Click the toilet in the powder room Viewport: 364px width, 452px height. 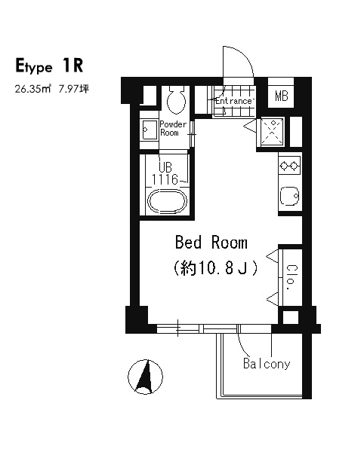176,99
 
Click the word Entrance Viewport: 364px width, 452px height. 233,101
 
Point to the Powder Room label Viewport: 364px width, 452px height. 173,129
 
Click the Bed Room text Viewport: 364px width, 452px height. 211,243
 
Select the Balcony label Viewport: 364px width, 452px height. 267,364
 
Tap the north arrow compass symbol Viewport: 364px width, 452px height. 145,377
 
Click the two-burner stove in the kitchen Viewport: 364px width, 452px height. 289,166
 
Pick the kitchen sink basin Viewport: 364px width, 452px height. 289,196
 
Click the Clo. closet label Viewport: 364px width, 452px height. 291,277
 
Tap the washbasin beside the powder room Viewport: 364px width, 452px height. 148,130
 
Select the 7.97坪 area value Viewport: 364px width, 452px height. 74,89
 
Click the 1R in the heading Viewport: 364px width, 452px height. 72,66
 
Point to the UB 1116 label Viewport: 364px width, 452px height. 165,174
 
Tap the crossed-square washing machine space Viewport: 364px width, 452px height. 272,131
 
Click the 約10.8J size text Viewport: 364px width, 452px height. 215,268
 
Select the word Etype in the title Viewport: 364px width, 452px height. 34,66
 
